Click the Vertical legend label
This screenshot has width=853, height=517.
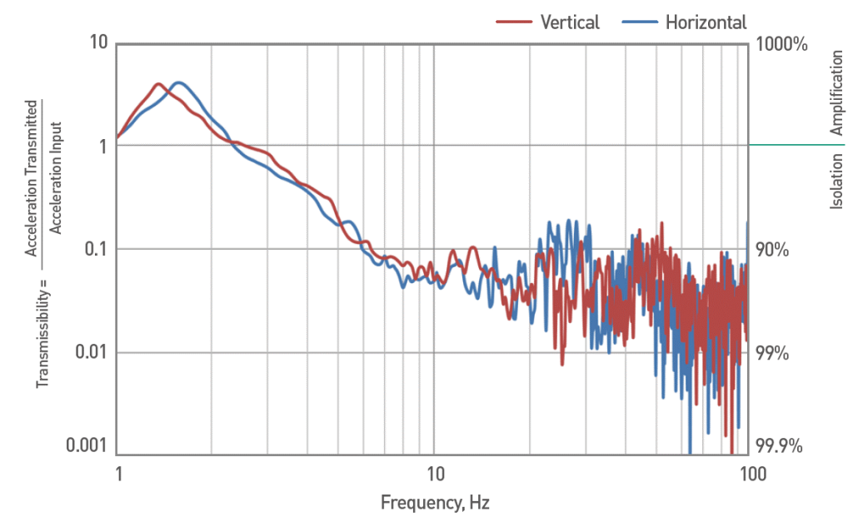pyautogui.click(x=570, y=22)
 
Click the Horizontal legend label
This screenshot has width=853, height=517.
pyautogui.click(x=706, y=22)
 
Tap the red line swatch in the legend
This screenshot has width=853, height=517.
pyautogui.click(x=514, y=22)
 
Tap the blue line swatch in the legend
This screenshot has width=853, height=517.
pyautogui.click(x=638, y=22)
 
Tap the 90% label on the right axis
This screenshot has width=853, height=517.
pyautogui.click(x=771, y=250)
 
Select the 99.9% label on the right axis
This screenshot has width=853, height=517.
pyautogui.click(x=779, y=446)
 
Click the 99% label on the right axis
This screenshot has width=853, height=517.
pyautogui.click(x=771, y=353)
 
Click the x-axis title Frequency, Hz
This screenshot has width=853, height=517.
pyautogui.click(x=432, y=503)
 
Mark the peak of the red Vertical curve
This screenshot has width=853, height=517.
pyautogui.click(x=157, y=84)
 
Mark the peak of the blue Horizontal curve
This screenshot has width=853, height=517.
pyautogui.click(x=178, y=82)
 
